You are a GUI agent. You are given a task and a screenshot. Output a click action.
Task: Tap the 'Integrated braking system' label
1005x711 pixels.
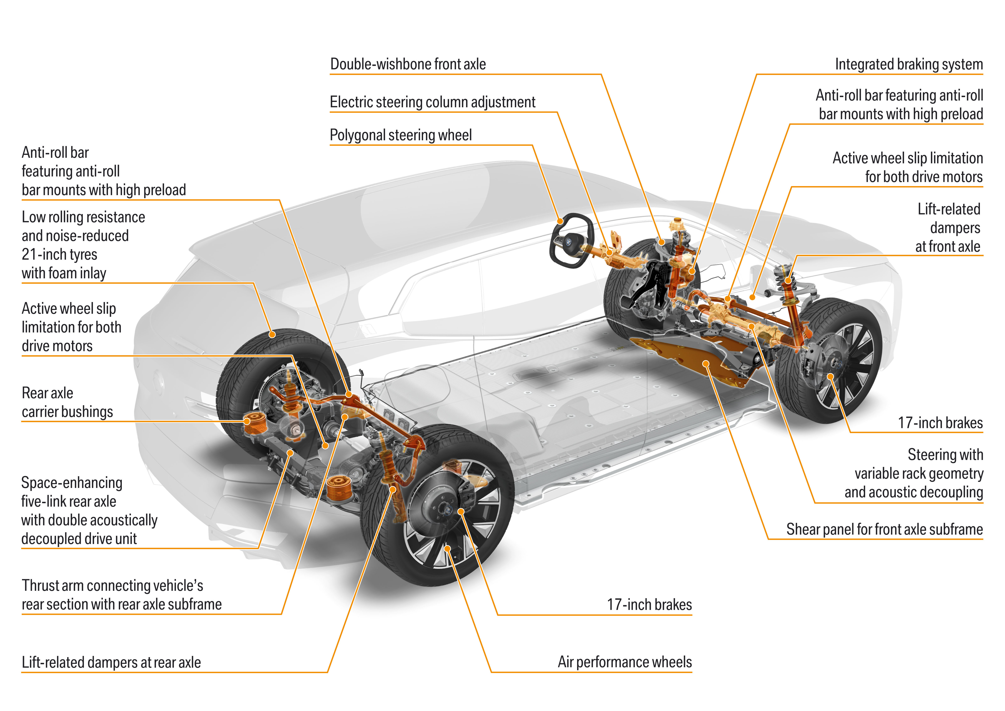pos(909,64)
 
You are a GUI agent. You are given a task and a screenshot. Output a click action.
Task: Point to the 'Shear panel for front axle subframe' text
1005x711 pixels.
pos(884,529)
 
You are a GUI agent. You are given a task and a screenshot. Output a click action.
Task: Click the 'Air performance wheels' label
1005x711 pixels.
pos(625,662)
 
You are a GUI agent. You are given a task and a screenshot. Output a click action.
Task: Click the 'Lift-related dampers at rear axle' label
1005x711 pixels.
pos(111,662)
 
